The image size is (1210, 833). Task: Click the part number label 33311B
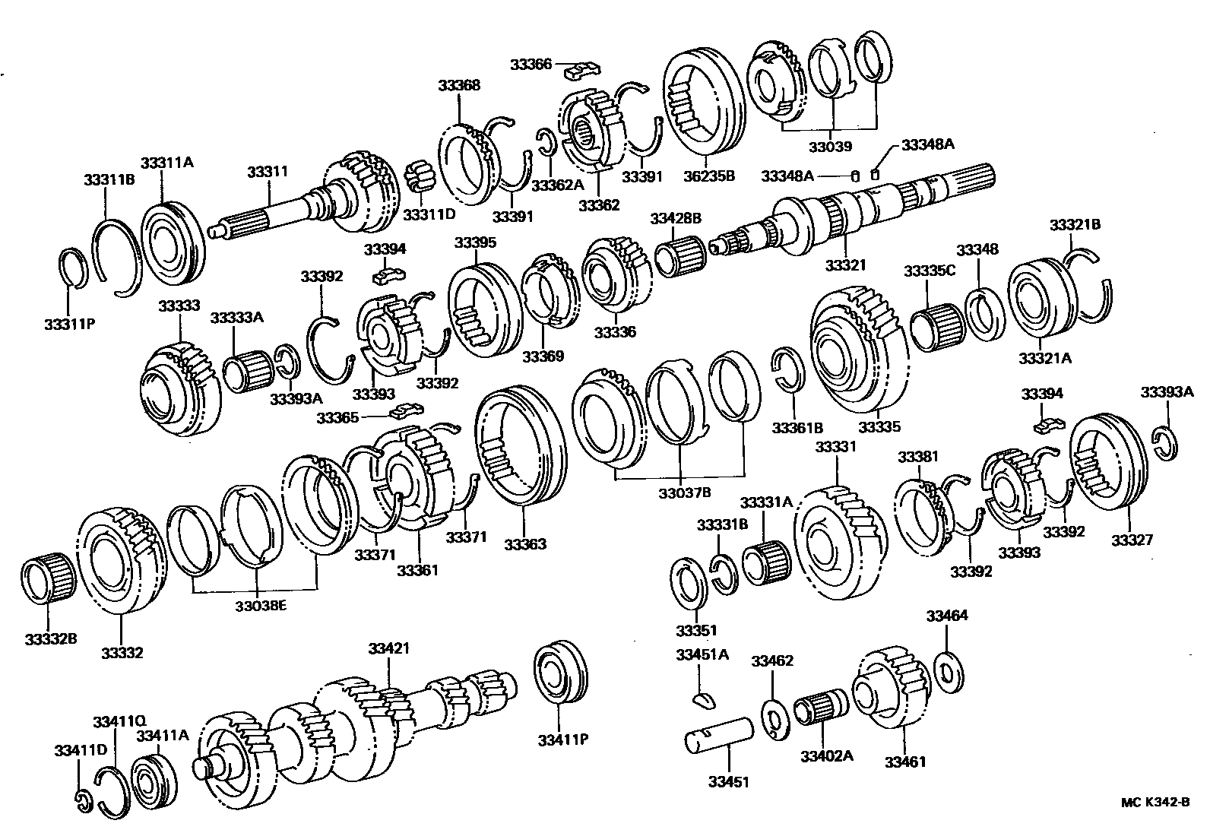[x=109, y=179]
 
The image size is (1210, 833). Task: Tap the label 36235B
[x=709, y=176]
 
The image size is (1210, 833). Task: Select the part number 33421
[x=389, y=648]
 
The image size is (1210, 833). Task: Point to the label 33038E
[x=261, y=606]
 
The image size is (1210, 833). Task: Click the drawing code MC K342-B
[x=1155, y=802]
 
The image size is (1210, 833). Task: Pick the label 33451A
[x=702, y=654]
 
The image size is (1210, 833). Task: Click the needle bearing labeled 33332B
[x=49, y=577]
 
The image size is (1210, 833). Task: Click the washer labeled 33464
[x=949, y=673]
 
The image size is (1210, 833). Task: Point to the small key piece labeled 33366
[x=582, y=71]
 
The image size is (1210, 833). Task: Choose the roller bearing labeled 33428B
[x=680, y=257]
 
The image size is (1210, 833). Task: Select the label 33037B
[x=684, y=493]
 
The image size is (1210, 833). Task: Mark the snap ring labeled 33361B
[x=789, y=369]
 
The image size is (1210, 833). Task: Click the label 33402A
[x=826, y=755]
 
